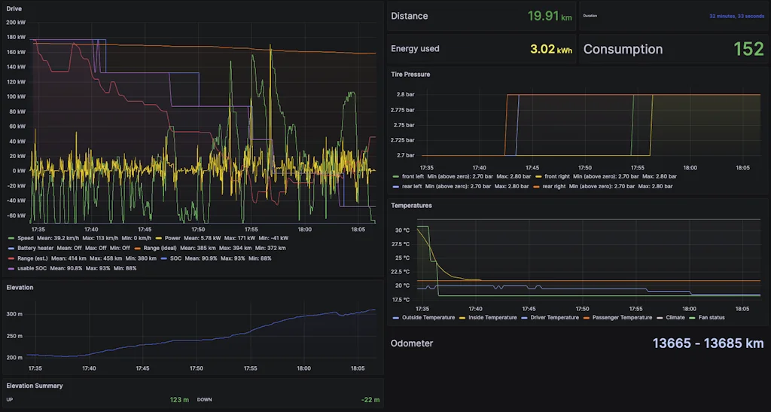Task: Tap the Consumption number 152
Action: click(x=748, y=49)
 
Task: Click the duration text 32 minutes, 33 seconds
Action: click(x=736, y=16)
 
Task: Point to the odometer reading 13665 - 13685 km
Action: click(x=708, y=343)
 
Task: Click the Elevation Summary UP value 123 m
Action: click(x=179, y=400)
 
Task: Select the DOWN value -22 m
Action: click(x=370, y=400)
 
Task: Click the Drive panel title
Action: click(x=14, y=9)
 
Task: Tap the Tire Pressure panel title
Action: click(x=411, y=75)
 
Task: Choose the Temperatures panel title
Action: click(x=411, y=205)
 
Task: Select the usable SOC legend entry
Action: click(x=30, y=268)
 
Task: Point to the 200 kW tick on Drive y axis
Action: click(x=16, y=23)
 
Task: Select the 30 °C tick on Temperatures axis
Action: click(x=402, y=230)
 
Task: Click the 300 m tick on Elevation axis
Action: click(x=15, y=314)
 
